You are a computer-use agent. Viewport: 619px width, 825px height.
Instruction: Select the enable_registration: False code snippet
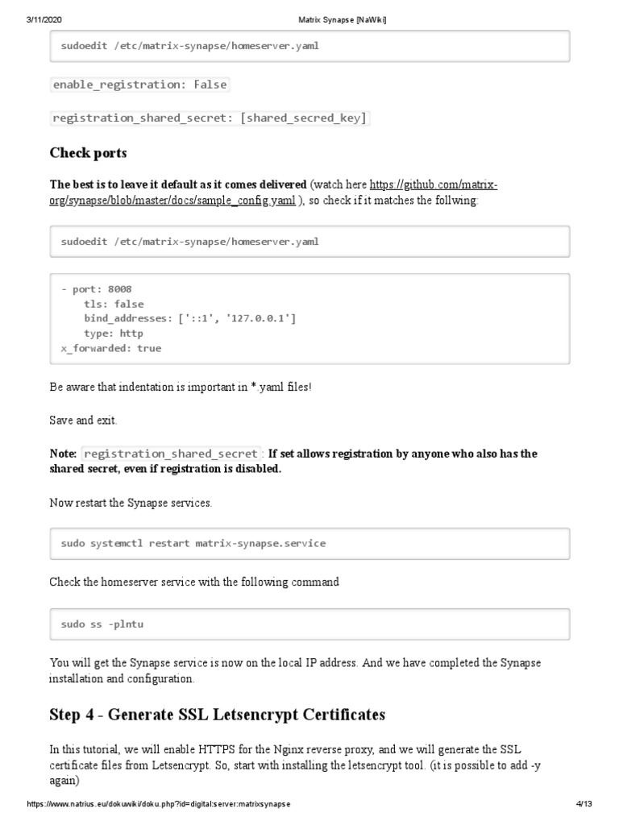click(x=139, y=85)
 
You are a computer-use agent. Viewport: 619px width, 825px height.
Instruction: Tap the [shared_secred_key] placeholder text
click(x=305, y=118)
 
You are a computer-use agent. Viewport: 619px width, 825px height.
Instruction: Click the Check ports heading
click(x=88, y=153)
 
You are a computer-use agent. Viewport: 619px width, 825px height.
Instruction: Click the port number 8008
click(x=119, y=289)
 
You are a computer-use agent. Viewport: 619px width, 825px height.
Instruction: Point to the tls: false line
click(x=114, y=305)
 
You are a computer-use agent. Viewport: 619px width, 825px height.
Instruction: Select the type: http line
click(x=114, y=334)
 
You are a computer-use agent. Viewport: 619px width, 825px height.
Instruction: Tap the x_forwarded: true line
click(x=110, y=348)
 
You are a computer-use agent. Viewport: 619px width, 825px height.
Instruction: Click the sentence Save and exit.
click(x=83, y=420)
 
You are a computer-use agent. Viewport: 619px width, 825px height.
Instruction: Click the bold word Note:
click(x=64, y=454)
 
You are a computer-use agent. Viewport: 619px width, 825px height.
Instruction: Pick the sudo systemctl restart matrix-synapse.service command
click(x=193, y=544)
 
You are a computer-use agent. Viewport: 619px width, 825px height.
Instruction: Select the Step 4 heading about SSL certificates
click(x=218, y=715)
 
